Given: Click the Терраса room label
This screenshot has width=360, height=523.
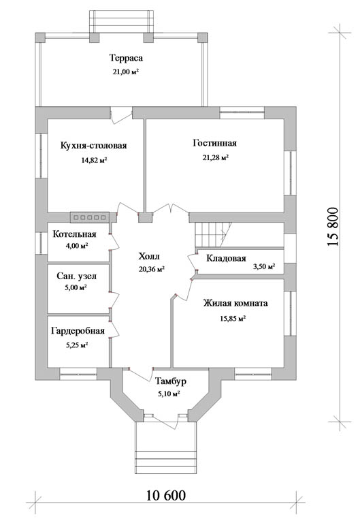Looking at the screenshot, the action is pyautogui.click(x=126, y=58).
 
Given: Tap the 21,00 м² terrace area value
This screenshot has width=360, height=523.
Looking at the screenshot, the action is pyautogui.click(x=126, y=72).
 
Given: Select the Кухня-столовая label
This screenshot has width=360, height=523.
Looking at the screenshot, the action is pyautogui.click(x=94, y=146).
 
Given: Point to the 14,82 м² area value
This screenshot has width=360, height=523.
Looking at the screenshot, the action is pyautogui.click(x=94, y=161).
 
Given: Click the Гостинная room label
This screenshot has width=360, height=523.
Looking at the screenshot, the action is pyautogui.click(x=214, y=143).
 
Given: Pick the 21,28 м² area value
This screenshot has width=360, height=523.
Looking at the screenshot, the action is pyautogui.click(x=215, y=157).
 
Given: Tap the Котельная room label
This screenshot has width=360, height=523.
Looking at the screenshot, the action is pyautogui.click(x=74, y=234).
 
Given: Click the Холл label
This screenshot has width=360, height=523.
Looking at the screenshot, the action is pyautogui.click(x=149, y=256).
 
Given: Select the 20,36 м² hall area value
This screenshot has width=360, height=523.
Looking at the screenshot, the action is pyautogui.click(x=152, y=270).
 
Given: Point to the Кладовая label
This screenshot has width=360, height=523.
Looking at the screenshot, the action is pyautogui.click(x=227, y=258).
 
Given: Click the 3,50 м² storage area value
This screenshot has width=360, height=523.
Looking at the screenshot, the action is pyautogui.click(x=264, y=266).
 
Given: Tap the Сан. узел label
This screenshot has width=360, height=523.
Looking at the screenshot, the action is pyautogui.click(x=77, y=276).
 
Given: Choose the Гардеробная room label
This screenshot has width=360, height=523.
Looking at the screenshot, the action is pyautogui.click(x=78, y=330).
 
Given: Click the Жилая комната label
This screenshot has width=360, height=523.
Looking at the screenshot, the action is pyautogui.click(x=235, y=303).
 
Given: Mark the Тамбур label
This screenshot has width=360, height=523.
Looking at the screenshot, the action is pyautogui.click(x=171, y=381).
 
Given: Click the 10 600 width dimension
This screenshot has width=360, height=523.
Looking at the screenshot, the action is pyautogui.click(x=165, y=495).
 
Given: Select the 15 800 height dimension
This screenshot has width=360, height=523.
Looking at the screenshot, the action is pyautogui.click(x=333, y=227).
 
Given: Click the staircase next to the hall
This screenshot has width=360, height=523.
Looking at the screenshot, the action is pyautogui.click(x=213, y=234).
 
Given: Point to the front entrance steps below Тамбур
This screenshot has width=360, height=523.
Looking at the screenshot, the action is pyautogui.click(x=165, y=447).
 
